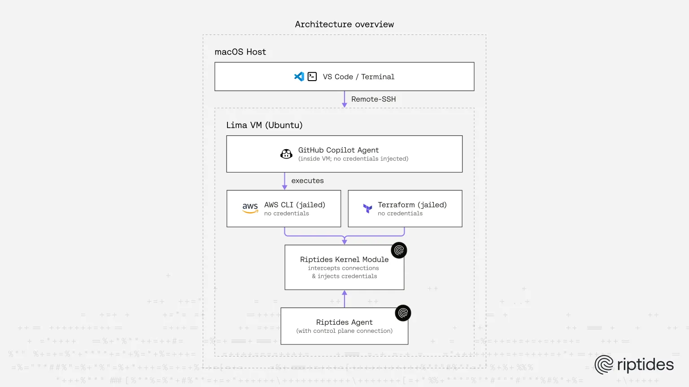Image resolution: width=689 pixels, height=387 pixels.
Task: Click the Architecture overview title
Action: (x=344, y=25)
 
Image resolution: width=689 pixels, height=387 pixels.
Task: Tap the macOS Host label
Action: (x=240, y=52)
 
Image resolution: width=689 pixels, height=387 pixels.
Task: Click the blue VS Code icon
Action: (x=299, y=77)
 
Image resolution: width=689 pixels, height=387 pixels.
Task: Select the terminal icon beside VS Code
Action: (x=312, y=77)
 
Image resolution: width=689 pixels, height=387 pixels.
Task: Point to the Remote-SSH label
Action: (x=373, y=99)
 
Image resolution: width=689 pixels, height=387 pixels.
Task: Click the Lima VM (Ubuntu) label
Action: (x=264, y=125)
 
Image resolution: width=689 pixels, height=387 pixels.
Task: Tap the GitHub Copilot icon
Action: (x=286, y=154)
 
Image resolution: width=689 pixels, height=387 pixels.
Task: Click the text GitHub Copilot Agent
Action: (x=338, y=150)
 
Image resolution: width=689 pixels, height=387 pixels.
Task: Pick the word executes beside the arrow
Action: (x=307, y=181)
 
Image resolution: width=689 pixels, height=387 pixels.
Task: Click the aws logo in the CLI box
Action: (x=250, y=207)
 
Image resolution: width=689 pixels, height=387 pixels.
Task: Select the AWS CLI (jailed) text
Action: (x=294, y=205)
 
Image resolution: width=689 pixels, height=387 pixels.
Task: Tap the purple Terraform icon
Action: (x=367, y=208)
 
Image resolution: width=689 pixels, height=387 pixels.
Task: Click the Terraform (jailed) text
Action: (x=412, y=205)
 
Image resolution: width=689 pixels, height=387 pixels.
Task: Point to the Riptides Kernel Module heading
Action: (x=344, y=259)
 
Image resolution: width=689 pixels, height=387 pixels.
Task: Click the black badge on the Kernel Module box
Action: (x=399, y=250)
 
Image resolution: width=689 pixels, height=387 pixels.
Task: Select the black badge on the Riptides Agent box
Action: (x=403, y=313)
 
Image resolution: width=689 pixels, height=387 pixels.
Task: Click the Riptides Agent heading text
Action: (x=344, y=322)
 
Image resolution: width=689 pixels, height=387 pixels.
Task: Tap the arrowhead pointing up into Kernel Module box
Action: (x=344, y=293)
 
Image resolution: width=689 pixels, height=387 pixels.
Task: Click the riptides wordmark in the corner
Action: (x=645, y=365)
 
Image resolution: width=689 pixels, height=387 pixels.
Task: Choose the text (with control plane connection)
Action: (x=344, y=331)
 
